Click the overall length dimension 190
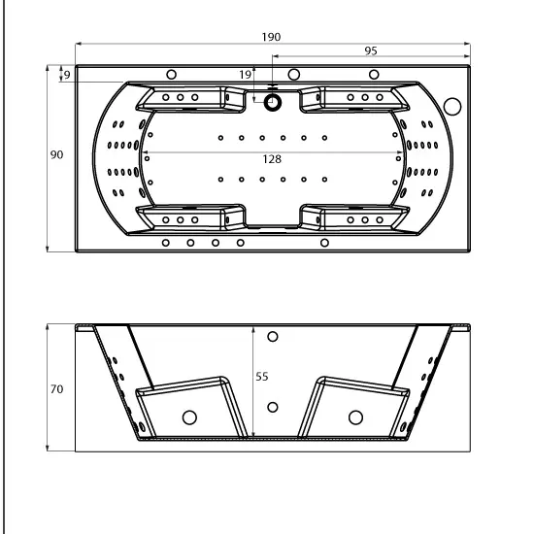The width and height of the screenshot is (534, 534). coord(271,37)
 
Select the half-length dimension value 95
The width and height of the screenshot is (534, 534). coord(371,50)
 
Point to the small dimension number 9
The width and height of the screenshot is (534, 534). coord(66,74)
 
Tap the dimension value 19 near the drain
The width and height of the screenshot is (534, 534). coord(246,74)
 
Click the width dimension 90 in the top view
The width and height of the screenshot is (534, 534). coord(56,155)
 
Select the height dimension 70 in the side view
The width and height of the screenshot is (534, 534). coord(56,388)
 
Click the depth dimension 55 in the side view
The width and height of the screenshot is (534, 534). coord(261,377)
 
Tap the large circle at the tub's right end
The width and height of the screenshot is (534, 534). coord(452,105)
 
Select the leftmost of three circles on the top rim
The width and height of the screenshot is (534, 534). coord(172,75)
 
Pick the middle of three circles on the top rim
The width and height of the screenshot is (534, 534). coord(293,75)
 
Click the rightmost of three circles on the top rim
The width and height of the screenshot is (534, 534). coord(373,75)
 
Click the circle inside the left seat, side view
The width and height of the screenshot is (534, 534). coord(189,417)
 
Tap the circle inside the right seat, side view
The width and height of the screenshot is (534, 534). coord(355,417)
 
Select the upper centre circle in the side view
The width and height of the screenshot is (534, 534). coord(273,337)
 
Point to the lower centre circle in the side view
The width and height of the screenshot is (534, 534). coord(273,407)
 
